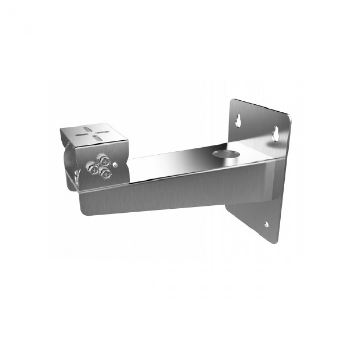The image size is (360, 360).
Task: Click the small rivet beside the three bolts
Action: tap(117, 164)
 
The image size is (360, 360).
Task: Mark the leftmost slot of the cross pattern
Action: tap(81, 133)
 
